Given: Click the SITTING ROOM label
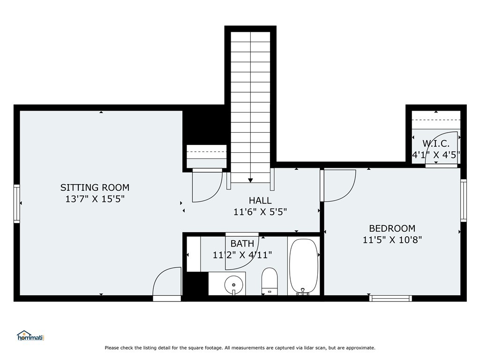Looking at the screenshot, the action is coord(95,187).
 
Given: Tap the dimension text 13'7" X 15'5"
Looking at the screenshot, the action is coord(95,199).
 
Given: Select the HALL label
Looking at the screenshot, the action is coord(260,201).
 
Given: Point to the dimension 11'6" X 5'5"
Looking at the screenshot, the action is coord(260,212).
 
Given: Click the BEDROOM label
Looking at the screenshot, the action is coord(392,228).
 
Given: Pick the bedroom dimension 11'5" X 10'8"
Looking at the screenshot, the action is coord(392,240).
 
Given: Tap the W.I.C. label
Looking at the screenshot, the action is coord(436,143).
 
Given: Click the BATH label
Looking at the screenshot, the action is coord(242,244).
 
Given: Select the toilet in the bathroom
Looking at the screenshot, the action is coord(270,281).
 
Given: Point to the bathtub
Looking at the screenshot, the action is coord(304,266).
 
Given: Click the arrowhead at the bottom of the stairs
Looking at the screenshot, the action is coord(250,180).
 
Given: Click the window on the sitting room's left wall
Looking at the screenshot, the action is coord(17,203).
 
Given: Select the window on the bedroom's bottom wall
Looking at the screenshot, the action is coord(390,298).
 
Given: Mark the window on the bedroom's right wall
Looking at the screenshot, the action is coord(464,200).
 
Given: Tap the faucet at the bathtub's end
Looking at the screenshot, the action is coord(302,292).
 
